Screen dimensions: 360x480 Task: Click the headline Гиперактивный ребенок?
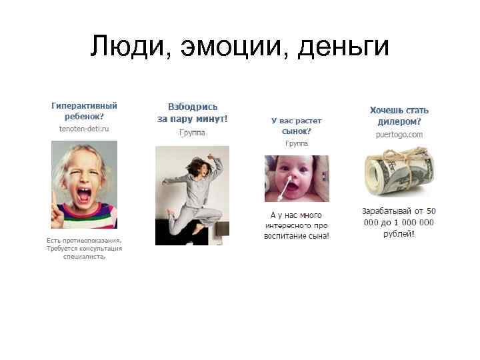[84, 111]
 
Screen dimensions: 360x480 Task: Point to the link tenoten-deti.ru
[84, 127]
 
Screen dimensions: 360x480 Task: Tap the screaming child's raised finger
[55, 197]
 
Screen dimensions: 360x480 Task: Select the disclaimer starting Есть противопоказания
[84, 248]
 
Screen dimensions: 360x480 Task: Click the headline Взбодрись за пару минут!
[192, 113]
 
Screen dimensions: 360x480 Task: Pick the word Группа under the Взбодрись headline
[192, 132]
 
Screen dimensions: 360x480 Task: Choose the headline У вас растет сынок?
[296, 126]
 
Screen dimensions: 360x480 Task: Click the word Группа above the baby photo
[296, 143]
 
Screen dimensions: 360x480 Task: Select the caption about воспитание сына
[296, 225]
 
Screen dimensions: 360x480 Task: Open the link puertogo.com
[399, 134]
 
